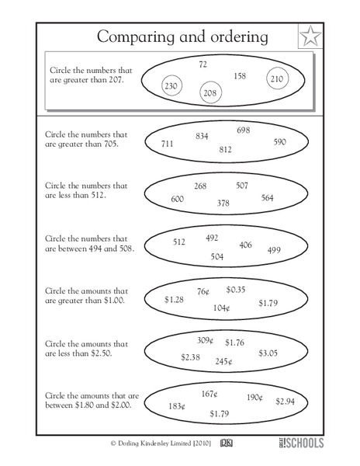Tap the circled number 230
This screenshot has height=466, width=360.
coord(171,86)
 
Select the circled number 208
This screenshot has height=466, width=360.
coord(209,92)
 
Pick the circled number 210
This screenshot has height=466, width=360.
coord(277,78)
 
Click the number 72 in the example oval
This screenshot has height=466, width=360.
coord(203,64)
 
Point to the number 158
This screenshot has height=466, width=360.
coord(240,75)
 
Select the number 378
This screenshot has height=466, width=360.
coord(223,203)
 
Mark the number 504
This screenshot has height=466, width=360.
coord(217,256)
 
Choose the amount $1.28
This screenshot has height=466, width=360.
coord(174,298)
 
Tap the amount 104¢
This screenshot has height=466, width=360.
coord(222,308)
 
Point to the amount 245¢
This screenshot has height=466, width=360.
coord(224,361)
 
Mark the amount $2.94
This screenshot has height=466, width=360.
coord(285,401)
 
